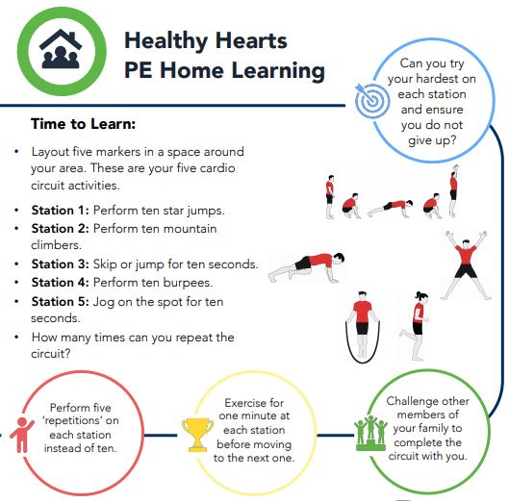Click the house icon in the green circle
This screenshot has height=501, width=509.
coord(61,49)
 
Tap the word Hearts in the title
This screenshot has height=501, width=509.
coord(251,41)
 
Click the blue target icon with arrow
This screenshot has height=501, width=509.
coord(371,100)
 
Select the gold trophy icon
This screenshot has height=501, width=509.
coord(197,435)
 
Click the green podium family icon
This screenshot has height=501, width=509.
coord(370,434)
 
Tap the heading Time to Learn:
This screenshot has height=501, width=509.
coord(83,124)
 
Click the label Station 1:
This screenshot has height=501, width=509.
coord(60,211)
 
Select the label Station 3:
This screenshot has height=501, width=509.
coord(60,264)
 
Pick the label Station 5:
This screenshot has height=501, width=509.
coord(60,302)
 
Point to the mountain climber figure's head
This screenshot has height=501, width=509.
coord(339,258)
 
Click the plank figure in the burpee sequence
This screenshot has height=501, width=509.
coord(391,207)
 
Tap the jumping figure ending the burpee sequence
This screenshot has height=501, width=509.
coord(453,190)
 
